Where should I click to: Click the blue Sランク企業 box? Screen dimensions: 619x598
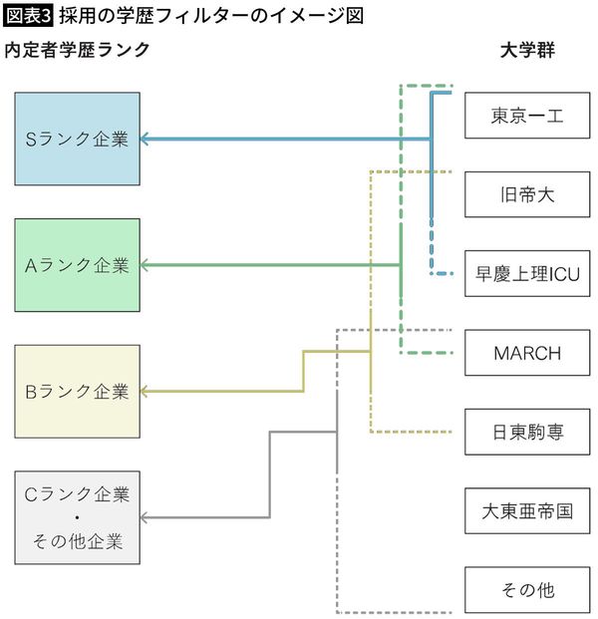[x=77, y=139]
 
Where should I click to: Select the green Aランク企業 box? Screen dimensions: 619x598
[x=77, y=265]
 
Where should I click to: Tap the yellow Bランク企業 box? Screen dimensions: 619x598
[x=77, y=392]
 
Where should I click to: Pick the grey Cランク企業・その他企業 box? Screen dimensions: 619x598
[x=77, y=517]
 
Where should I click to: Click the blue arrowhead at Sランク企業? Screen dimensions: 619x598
[x=146, y=139]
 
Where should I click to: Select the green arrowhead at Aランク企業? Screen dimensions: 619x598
[x=146, y=265]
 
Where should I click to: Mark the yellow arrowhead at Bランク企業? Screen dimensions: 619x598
[x=146, y=392]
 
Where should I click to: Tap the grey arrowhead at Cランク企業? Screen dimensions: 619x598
[x=146, y=517]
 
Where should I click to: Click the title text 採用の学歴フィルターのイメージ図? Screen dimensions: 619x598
[x=209, y=15]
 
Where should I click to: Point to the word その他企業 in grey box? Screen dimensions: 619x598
[x=77, y=543]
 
